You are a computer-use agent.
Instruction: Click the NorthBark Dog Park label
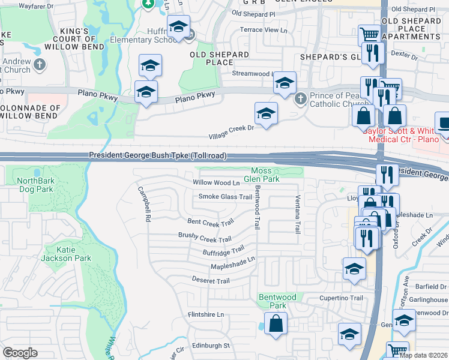[35, 185]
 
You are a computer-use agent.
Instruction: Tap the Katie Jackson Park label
[58, 254]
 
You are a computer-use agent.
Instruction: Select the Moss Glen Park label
[265, 175]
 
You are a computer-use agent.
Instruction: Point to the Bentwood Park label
[277, 301]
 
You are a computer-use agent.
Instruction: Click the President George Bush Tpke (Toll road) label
[158, 155]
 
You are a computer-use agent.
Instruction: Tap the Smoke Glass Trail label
[225, 197]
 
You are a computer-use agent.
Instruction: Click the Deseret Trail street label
[211, 281]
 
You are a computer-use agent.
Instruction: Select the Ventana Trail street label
[297, 215]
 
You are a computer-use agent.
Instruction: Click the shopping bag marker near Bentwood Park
[276, 323]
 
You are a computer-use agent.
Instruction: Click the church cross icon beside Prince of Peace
[300, 98]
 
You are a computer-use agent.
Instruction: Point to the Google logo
[19, 352]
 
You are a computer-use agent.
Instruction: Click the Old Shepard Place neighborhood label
[219, 58]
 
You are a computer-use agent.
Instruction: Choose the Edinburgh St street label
[211, 346]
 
